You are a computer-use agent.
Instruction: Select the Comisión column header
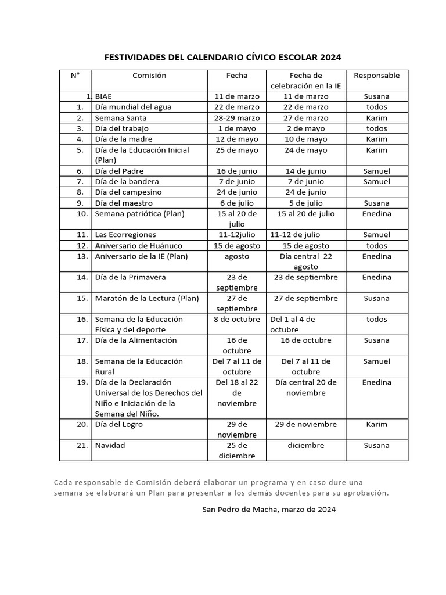tap(149, 76)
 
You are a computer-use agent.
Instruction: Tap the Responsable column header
tap(376, 76)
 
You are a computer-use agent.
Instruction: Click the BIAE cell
tap(104, 96)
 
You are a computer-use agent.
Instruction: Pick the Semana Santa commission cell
tap(120, 118)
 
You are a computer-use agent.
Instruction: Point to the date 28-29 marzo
tap(237, 118)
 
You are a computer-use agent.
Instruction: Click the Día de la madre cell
tap(123, 139)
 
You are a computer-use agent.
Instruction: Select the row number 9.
tap(80, 203)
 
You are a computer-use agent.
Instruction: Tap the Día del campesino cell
tap(128, 192)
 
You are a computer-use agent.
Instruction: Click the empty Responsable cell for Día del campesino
tap(376, 192)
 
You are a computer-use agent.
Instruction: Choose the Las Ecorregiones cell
tap(125, 235)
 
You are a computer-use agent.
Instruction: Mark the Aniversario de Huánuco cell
tap(138, 246)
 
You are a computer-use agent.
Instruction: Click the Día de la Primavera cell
tap(130, 278)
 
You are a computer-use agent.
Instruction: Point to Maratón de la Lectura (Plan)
tap(146, 299)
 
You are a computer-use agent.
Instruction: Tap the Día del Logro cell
tap(118, 425)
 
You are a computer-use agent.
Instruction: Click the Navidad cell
tap(110, 446)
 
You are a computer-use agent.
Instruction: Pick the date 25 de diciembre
tap(237, 451)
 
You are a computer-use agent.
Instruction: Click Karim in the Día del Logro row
tap(376, 425)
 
